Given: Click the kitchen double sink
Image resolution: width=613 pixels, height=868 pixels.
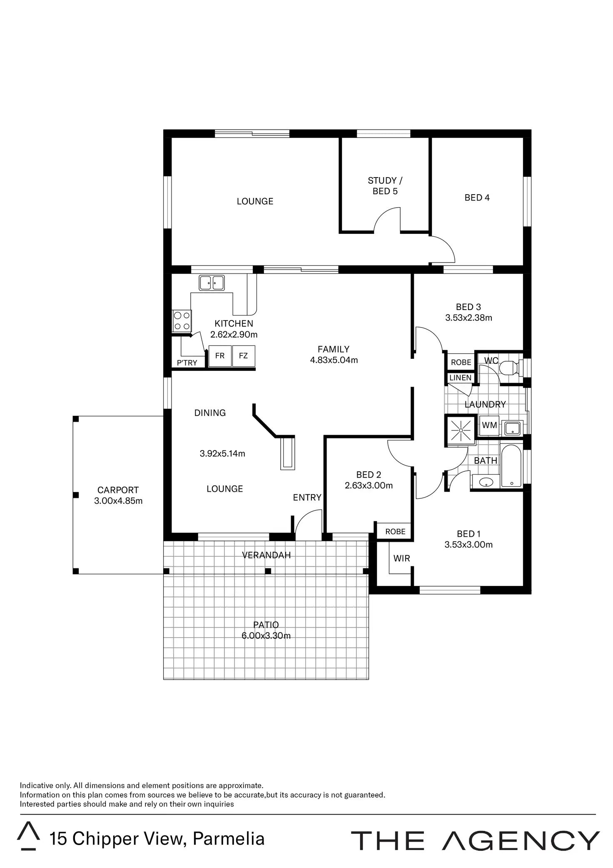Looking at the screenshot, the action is point(212,283).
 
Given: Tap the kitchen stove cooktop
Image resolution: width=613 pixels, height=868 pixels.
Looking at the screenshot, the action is point(182,321).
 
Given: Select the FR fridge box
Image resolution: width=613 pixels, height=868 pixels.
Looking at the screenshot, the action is point(220,356).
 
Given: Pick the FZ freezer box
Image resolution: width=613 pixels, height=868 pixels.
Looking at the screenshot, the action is point(243,356).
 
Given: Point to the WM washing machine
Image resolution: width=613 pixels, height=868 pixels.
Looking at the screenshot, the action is point(489,425).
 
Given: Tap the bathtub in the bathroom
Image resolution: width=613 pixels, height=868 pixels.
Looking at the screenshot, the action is point(511,465).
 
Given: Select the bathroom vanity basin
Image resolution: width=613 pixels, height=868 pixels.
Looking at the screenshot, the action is point(486,483).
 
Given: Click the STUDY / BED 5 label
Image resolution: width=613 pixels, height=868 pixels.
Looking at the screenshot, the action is point(385,186).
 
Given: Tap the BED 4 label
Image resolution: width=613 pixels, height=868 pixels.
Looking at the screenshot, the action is point(477,198).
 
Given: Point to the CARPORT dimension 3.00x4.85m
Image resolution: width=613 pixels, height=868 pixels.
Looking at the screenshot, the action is point(118,501).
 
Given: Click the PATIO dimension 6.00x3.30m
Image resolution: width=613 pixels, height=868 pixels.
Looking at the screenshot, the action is point(266,636).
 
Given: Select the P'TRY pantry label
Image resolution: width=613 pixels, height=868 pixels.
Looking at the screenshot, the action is point(187,363).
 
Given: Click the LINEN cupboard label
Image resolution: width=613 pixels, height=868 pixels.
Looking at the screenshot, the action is point(461,378).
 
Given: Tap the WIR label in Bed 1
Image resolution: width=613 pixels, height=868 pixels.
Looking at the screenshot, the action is point(401,558).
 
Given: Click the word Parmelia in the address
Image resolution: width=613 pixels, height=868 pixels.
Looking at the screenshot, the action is point(229,839).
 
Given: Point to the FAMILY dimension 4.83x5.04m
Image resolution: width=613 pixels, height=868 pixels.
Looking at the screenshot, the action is point(334,360).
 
